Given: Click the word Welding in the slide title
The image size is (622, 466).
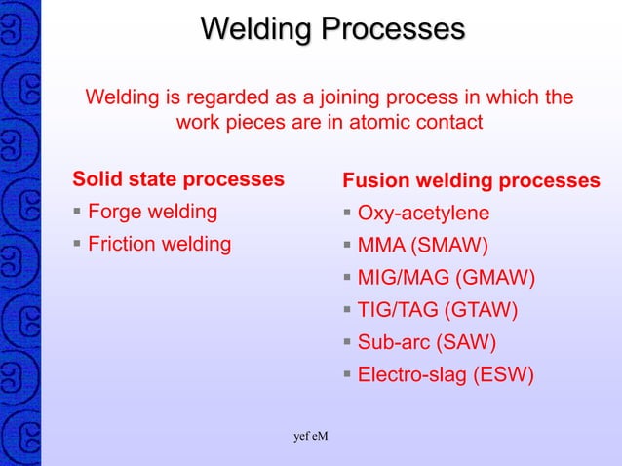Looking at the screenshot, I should [256, 28].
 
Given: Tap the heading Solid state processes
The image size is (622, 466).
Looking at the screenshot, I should [178, 179].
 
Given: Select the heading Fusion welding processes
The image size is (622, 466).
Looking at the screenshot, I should [471, 181].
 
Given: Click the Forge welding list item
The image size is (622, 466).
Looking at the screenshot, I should [152, 212].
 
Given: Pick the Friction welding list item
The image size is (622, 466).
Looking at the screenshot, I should [159, 244].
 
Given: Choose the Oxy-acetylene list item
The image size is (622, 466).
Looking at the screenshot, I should [423, 214].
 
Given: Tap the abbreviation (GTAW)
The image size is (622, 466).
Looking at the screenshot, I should [481, 311].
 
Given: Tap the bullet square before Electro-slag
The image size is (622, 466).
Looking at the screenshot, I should [347, 375].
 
